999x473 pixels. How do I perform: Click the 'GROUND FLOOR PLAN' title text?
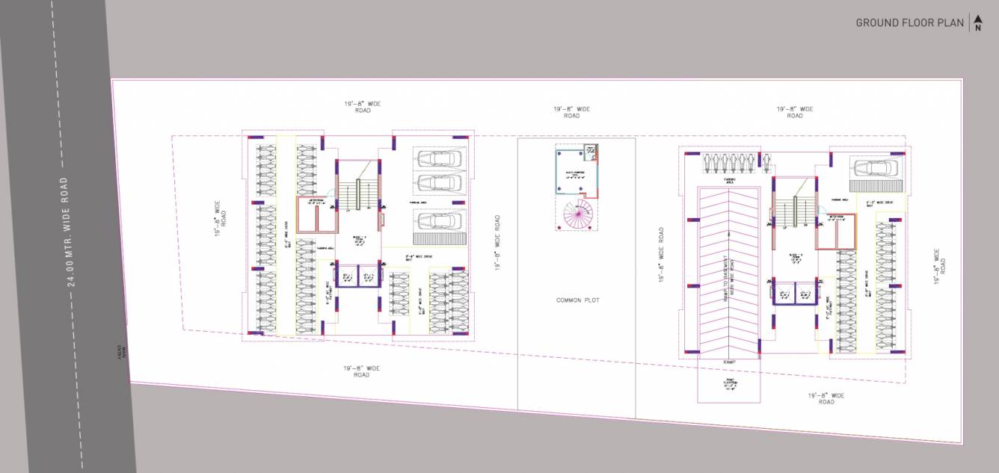(909, 23)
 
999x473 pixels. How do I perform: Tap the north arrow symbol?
(977, 23)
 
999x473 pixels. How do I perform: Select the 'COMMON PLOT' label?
(577, 300)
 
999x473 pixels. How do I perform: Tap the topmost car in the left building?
(440, 158)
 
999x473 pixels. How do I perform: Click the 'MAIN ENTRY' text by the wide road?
(119, 352)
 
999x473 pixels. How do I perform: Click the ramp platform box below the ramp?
(730, 385)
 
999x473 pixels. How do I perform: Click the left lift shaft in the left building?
(347, 276)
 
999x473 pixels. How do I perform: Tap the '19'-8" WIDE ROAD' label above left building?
(363, 107)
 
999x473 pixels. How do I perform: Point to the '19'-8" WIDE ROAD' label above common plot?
(571, 112)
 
